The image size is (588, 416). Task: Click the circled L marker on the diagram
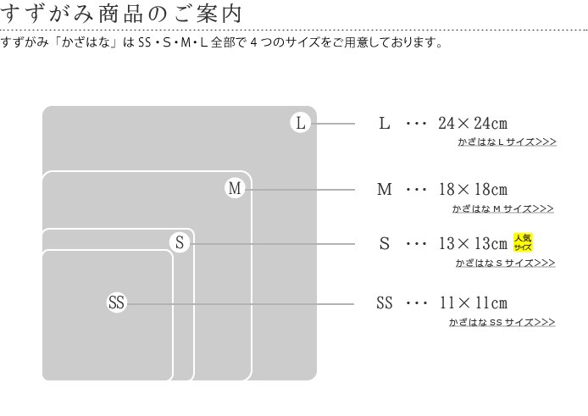[x=301, y=123]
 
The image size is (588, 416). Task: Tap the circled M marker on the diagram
[x=235, y=188]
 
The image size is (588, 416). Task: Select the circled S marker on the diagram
[x=180, y=242]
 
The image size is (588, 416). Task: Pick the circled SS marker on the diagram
[x=116, y=302]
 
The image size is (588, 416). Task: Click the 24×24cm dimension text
[x=473, y=123]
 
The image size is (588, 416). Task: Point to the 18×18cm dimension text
[x=473, y=189]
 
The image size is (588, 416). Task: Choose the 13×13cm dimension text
[x=473, y=243]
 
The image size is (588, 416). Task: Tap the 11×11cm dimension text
[x=473, y=302]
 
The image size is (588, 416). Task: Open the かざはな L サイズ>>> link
[x=507, y=141]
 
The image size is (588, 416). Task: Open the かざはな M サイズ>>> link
[x=503, y=208]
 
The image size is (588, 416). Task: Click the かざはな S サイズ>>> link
[x=506, y=263]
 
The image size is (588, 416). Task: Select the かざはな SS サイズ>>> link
[x=502, y=322]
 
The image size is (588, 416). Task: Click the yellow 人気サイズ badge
[x=523, y=242]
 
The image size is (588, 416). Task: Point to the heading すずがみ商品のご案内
[x=121, y=14]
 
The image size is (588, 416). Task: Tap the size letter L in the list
[x=385, y=123]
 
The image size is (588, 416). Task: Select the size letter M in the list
[x=385, y=189]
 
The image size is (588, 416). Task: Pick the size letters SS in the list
[x=385, y=302]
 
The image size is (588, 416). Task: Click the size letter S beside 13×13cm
[x=385, y=243]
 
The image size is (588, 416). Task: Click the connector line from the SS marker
[x=241, y=304]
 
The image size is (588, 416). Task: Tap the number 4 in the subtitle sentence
[x=254, y=42]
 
